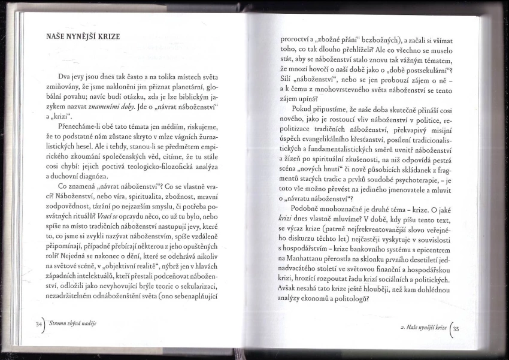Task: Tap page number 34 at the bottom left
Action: [x=40, y=323]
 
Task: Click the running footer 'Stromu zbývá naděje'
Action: [x=74, y=323]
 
